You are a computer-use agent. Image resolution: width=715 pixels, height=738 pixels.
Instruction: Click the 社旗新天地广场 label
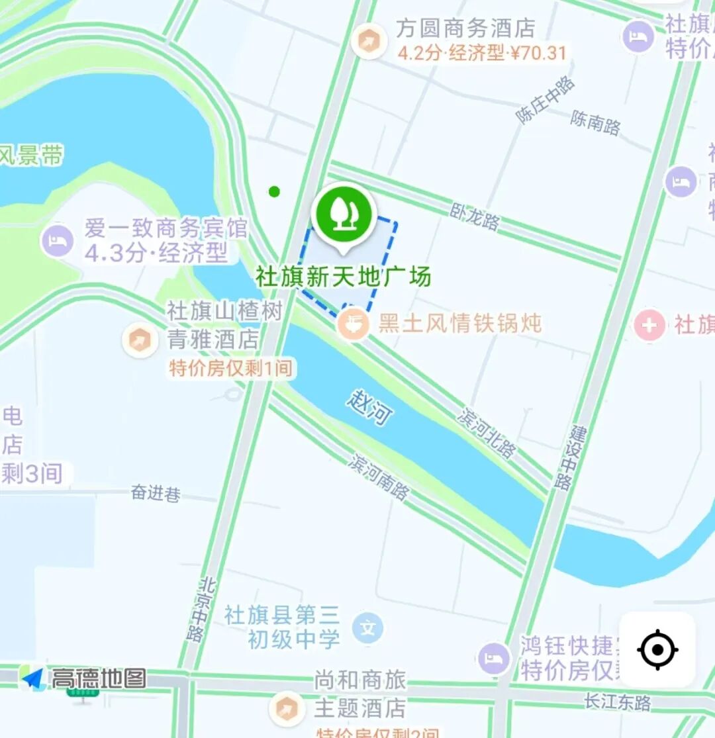tap(343, 276)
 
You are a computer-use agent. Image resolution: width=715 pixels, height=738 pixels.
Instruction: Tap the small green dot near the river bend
tap(274, 192)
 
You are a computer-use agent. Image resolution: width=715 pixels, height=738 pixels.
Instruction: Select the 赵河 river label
tap(369, 407)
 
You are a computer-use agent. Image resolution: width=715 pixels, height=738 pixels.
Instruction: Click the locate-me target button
tap(657, 649)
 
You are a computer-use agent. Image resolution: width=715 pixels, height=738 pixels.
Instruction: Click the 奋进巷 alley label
tap(156, 492)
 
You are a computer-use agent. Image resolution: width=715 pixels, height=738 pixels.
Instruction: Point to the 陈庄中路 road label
tap(546, 100)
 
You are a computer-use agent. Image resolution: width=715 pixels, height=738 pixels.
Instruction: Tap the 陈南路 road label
tap(595, 121)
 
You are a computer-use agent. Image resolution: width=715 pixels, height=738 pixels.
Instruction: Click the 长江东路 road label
tap(618, 702)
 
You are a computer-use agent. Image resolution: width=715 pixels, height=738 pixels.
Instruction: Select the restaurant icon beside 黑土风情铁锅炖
tap(354, 324)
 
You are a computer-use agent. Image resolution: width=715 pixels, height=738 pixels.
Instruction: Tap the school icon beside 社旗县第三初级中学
tap(367, 626)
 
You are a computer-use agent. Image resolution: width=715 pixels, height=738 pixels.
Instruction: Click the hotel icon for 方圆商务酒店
tap(368, 42)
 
